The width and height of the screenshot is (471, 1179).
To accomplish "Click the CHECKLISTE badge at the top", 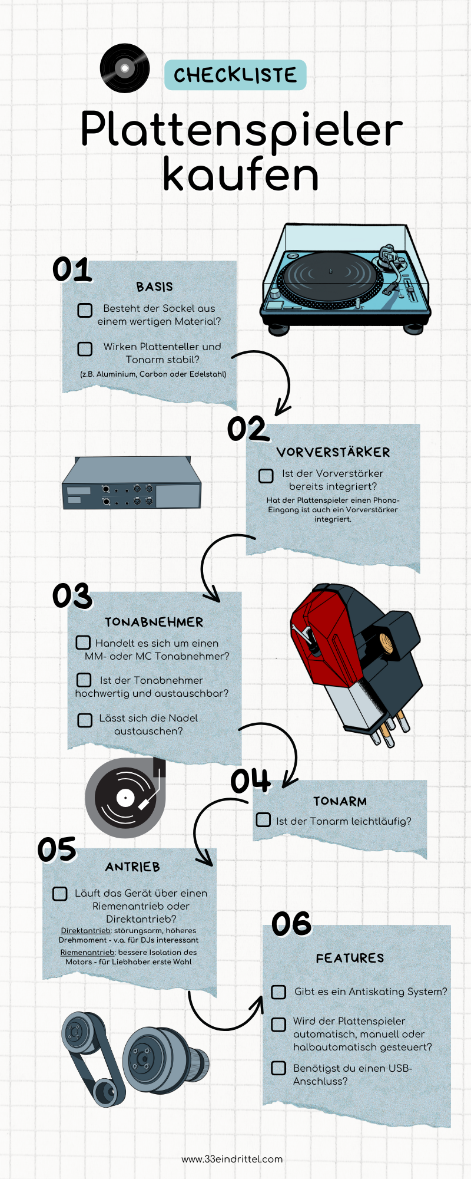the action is pyautogui.click(x=235, y=75).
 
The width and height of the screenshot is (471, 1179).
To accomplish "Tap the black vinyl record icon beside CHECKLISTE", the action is pyautogui.click(x=125, y=68).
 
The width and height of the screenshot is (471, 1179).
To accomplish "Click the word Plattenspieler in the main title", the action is pyautogui.click(x=241, y=129).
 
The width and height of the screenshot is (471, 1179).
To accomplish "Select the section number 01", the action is pyautogui.click(x=72, y=269).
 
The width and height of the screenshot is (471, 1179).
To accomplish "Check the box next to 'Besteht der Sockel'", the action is pyautogui.click(x=85, y=310).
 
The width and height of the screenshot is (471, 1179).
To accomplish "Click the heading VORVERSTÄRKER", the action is pyautogui.click(x=333, y=452).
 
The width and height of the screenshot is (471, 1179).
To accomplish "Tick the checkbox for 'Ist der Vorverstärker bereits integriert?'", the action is pyautogui.click(x=266, y=475).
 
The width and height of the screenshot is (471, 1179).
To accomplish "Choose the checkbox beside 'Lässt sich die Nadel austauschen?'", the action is pyautogui.click(x=85, y=720).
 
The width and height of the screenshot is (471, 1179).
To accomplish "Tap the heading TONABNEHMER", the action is pyautogui.click(x=154, y=622).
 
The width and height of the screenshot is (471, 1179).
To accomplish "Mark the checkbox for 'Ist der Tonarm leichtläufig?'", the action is pyautogui.click(x=263, y=820).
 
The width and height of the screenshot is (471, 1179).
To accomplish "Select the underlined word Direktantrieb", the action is pyautogui.click(x=86, y=931).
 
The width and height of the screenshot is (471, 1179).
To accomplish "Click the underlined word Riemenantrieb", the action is pyautogui.click(x=87, y=952).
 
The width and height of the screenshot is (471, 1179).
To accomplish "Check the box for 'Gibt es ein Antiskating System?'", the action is pyautogui.click(x=278, y=992).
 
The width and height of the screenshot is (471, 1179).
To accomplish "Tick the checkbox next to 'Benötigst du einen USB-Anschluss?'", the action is pyautogui.click(x=278, y=1068).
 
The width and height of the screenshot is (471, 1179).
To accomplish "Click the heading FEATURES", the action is pyautogui.click(x=350, y=958).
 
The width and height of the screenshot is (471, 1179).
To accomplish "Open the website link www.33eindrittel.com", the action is pyautogui.click(x=232, y=1159).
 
